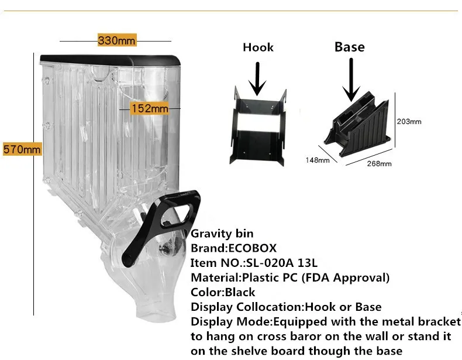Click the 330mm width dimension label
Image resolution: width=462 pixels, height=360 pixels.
(x=116, y=40)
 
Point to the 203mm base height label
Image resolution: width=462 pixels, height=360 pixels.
(x=409, y=122)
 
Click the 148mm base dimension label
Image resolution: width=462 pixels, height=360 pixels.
(x=317, y=159)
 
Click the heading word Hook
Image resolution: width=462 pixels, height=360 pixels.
(x=258, y=47)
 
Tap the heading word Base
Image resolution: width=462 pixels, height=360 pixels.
(x=349, y=47)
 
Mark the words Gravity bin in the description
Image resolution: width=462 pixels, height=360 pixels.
(x=220, y=233)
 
